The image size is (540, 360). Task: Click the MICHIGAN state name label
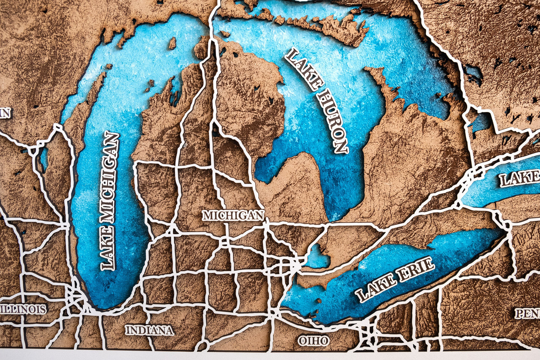[x=233, y=215]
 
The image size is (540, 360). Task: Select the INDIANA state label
[x=149, y=330]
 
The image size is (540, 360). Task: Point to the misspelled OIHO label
[x=314, y=341]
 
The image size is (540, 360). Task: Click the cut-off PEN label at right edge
[x=528, y=313]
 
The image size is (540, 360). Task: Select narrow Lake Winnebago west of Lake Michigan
[x=44, y=159]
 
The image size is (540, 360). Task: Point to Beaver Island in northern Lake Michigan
[x=172, y=43]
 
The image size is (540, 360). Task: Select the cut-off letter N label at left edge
[x=4, y=113]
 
